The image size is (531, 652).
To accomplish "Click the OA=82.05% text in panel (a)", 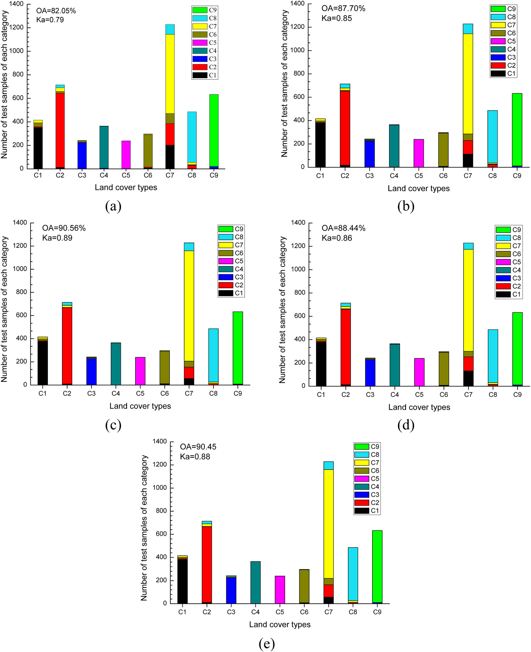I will click(x=56, y=11).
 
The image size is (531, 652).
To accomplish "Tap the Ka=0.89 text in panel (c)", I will click(x=57, y=238).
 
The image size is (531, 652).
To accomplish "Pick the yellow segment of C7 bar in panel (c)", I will click(x=189, y=306).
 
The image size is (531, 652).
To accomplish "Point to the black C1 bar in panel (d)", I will click(x=321, y=364).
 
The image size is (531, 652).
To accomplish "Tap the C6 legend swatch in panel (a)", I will click(x=200, y=34).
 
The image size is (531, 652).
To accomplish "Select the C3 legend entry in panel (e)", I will click(x=367, y=495).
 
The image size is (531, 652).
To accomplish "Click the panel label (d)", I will click(x=406, y=425).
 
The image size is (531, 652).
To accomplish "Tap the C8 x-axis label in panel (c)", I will click(x=213, y=394).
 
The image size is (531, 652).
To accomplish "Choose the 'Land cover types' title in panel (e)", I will click(x=280, y=624).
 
